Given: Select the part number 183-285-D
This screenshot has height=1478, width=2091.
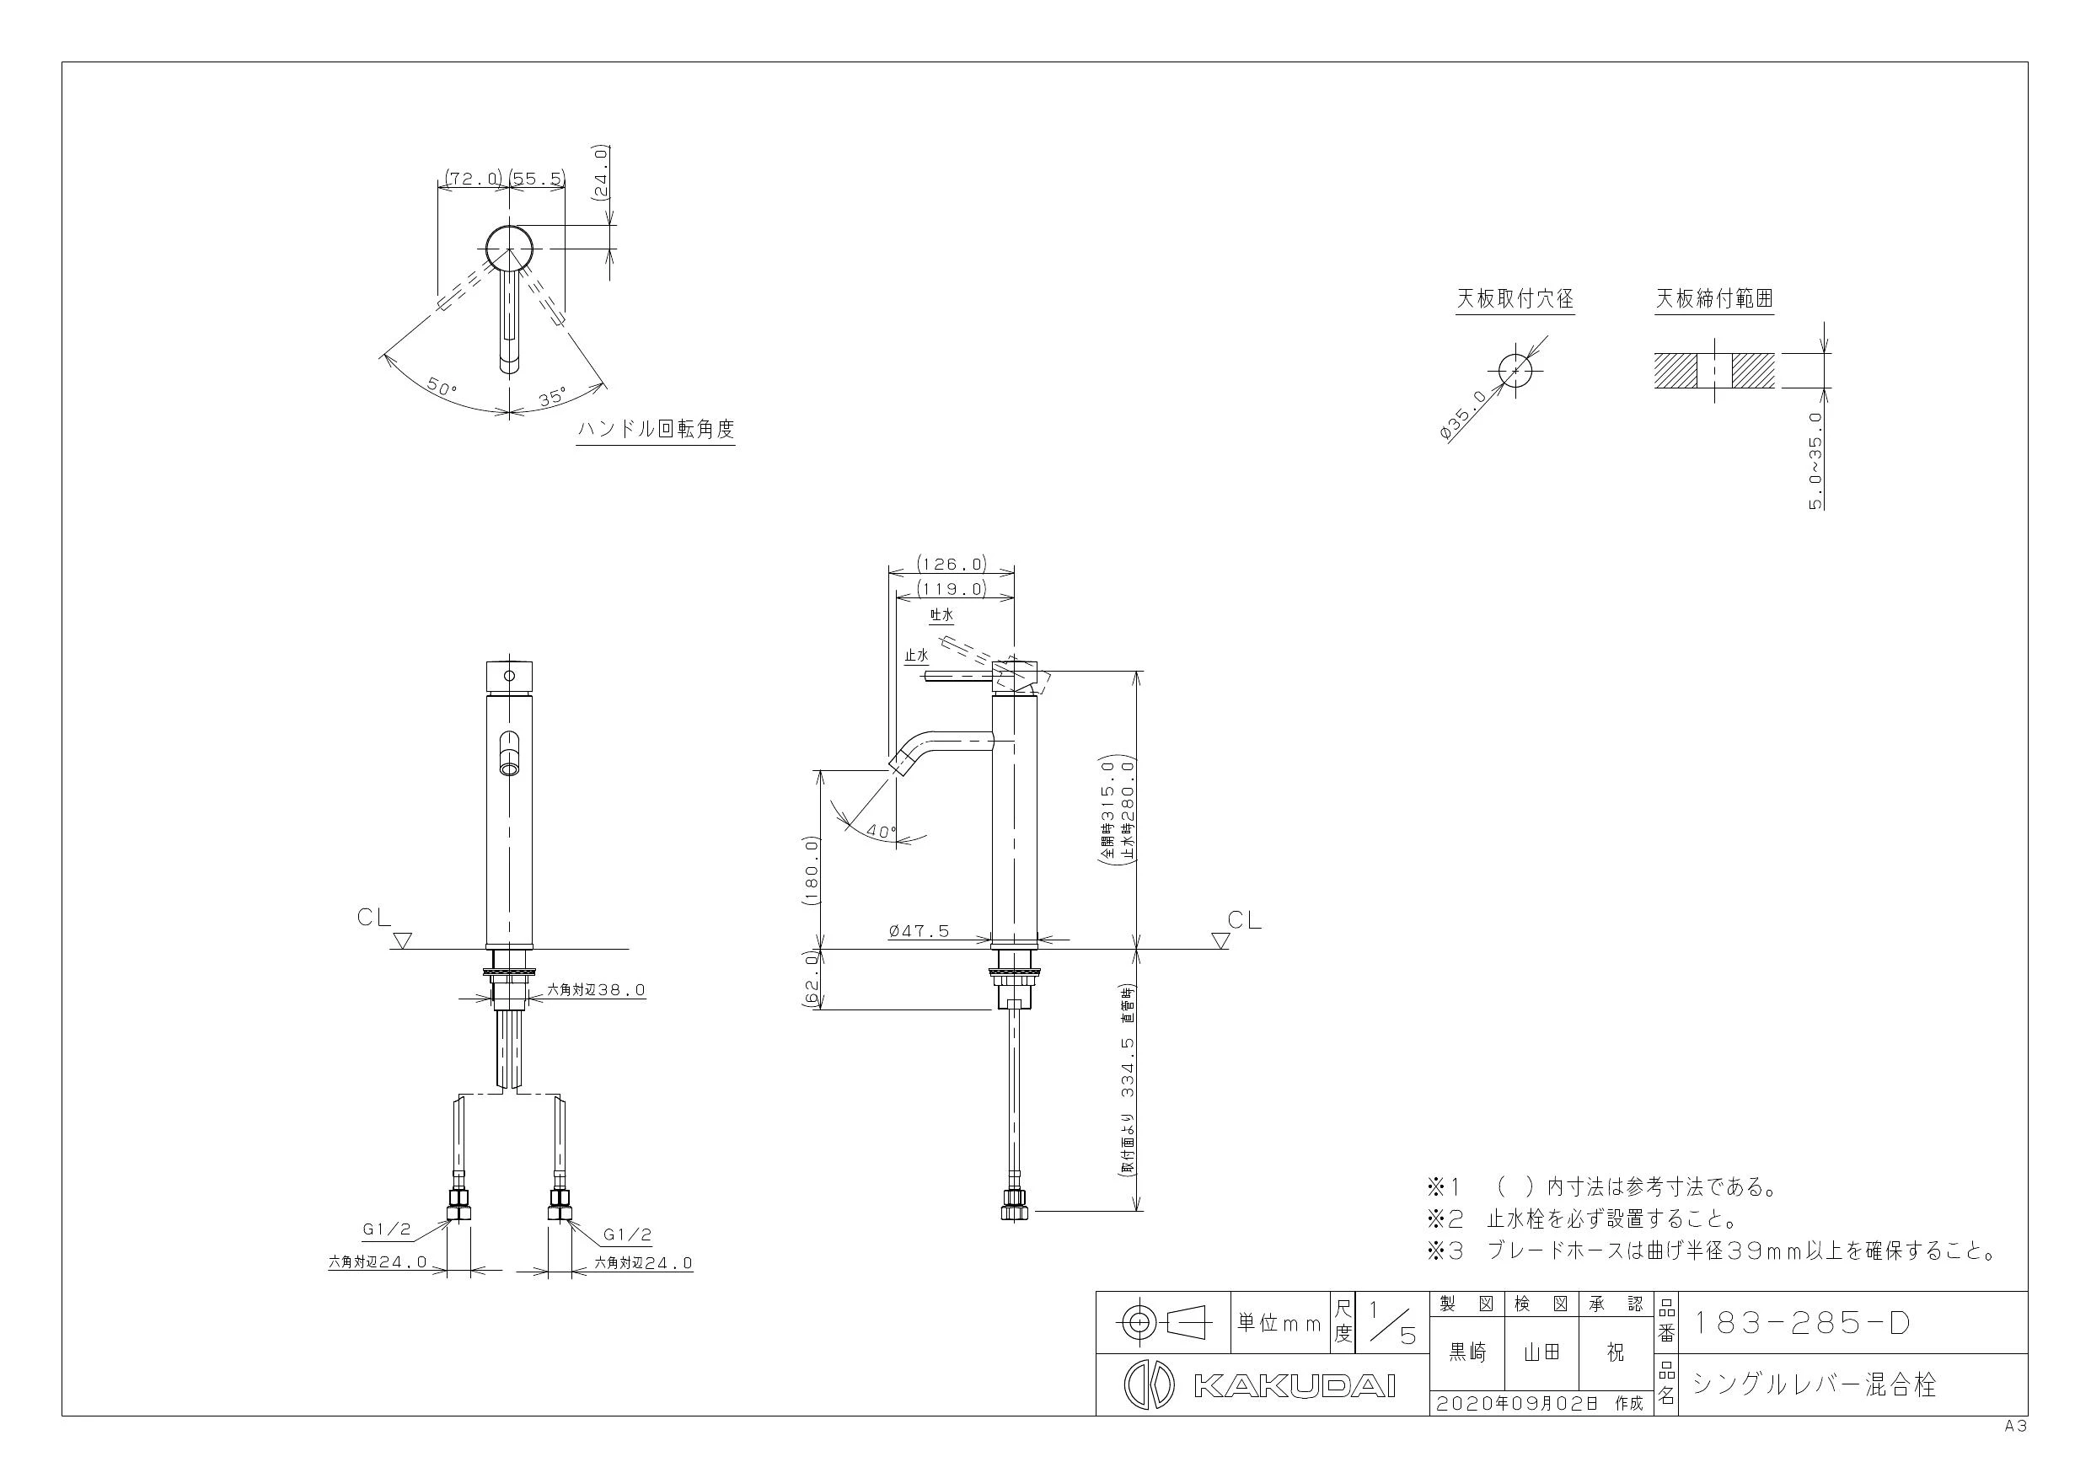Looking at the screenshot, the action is click(1800, 1324).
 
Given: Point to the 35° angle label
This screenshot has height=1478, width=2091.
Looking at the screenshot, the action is click(551, 397).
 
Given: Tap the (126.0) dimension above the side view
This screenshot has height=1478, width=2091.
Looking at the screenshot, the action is click(952, 564).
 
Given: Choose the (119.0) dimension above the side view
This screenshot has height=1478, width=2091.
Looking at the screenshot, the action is click(952, 588).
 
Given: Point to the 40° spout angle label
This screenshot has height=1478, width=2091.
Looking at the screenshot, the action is click(881, 832).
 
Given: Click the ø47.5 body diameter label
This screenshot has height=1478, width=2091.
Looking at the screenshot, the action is click(919, 930).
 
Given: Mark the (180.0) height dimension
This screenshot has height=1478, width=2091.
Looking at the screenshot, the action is click(812, 870).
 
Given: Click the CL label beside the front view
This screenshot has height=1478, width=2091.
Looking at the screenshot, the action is click(374, 918).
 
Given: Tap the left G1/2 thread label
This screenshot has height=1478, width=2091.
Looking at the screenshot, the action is click(387, 1229).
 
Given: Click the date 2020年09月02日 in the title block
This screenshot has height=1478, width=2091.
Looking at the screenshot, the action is click(1517, 1403).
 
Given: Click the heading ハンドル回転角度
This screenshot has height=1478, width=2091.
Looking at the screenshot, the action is click(656, 429).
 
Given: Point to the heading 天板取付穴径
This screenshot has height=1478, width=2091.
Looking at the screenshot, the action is click(1515, 298).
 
